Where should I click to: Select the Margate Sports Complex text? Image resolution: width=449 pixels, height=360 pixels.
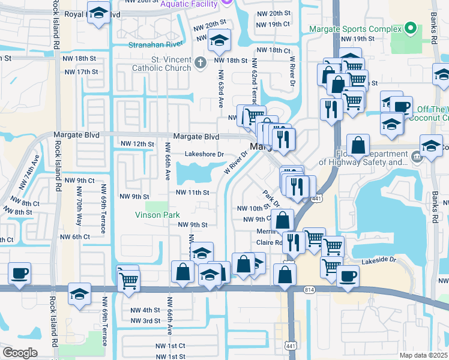click(355, 29)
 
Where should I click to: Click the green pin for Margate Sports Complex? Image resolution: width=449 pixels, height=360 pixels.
click(410, 28)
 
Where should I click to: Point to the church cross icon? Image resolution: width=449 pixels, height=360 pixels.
click(200, 62)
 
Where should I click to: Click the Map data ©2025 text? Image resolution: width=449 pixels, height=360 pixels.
click(423, 355)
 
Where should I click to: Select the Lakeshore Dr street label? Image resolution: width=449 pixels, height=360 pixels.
click(204, 154)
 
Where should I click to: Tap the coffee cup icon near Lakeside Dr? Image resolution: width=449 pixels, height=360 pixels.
click(348, 276)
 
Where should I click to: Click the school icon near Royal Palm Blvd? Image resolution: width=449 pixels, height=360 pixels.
click(98, 14)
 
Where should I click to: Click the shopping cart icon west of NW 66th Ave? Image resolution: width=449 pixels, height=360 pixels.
click(128, 279)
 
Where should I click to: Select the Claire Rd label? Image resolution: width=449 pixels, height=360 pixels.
click(270, 243)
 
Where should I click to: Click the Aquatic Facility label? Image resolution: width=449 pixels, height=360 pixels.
click(190, 4)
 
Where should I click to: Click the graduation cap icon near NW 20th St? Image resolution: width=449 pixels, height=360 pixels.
click(219, 41)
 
